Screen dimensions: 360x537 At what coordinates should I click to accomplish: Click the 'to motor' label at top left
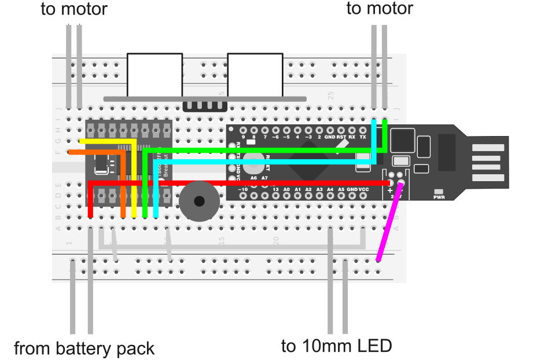click(x=74, y=9)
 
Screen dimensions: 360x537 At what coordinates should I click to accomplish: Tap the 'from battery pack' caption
click(x=84, y=348)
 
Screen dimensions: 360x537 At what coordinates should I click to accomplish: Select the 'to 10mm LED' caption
click(x=337, y=346)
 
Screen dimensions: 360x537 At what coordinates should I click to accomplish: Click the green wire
click(x=260, y=150)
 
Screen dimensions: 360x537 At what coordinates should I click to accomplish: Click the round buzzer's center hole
click(x=199, y=201)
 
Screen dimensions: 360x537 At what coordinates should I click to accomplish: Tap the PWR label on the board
click(x=439, y=197)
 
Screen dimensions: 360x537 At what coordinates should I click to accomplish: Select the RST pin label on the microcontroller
click(x=341, y=138)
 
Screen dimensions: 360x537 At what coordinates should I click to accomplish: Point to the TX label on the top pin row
click(x=363, y=138)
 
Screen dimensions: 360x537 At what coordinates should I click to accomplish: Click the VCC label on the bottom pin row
click(x=363, y=189)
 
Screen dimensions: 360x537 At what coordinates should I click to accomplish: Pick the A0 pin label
click(x=286, y=189)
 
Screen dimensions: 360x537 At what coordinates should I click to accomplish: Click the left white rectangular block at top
click(x=155, y=75)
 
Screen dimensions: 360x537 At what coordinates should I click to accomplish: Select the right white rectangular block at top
click(x=255, y=75)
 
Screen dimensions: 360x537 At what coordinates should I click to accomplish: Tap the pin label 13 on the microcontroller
click(x=275, y=189)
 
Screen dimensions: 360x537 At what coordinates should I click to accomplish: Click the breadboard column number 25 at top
click(x=331, y=95)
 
